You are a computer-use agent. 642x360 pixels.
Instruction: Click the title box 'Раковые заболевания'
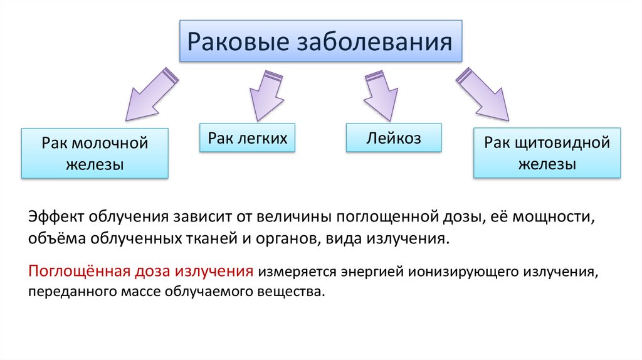click(320, 41)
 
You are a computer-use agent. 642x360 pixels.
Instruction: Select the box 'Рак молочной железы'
click(95, 154)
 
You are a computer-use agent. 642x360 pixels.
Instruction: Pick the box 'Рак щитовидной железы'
click(547, 154)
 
